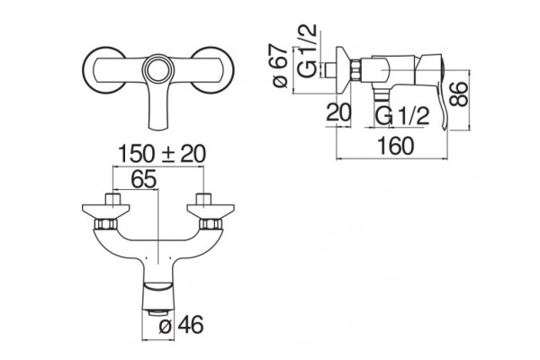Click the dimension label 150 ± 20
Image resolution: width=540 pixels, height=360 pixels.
pos(162,154)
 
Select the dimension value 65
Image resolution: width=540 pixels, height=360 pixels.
pos(144,179)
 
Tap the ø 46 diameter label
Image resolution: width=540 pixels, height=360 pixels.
pos(181,324)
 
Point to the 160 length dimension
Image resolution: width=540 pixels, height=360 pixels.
pos(395,146)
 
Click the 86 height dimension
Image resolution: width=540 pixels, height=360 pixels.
pos(459,94)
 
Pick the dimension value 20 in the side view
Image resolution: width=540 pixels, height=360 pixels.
pos(338,112)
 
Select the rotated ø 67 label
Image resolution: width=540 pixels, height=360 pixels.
pos(280,66)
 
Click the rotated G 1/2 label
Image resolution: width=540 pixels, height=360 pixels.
pos(307,50)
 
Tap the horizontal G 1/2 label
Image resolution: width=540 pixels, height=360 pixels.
pos(402,116)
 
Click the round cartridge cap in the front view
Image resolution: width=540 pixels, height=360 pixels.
pos(158,69)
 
